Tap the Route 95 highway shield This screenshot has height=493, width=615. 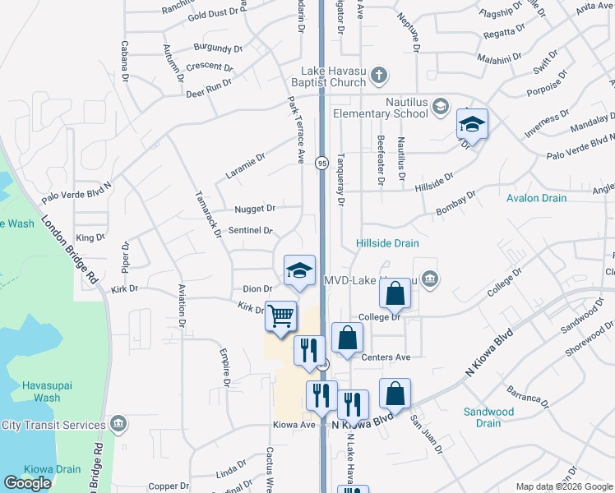click(x=321, y=164)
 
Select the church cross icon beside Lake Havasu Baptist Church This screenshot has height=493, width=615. click(x=378, y=76)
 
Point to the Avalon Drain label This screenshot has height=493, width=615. click(x=536, y=198)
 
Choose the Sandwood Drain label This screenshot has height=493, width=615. click(x=488, y=417)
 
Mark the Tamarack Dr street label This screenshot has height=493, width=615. click(x=208, y=214)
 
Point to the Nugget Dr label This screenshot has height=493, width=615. click(x=254, y=209)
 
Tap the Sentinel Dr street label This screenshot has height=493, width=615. click(x=250, y=230)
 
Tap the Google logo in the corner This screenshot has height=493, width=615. click(x=27, y=483)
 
